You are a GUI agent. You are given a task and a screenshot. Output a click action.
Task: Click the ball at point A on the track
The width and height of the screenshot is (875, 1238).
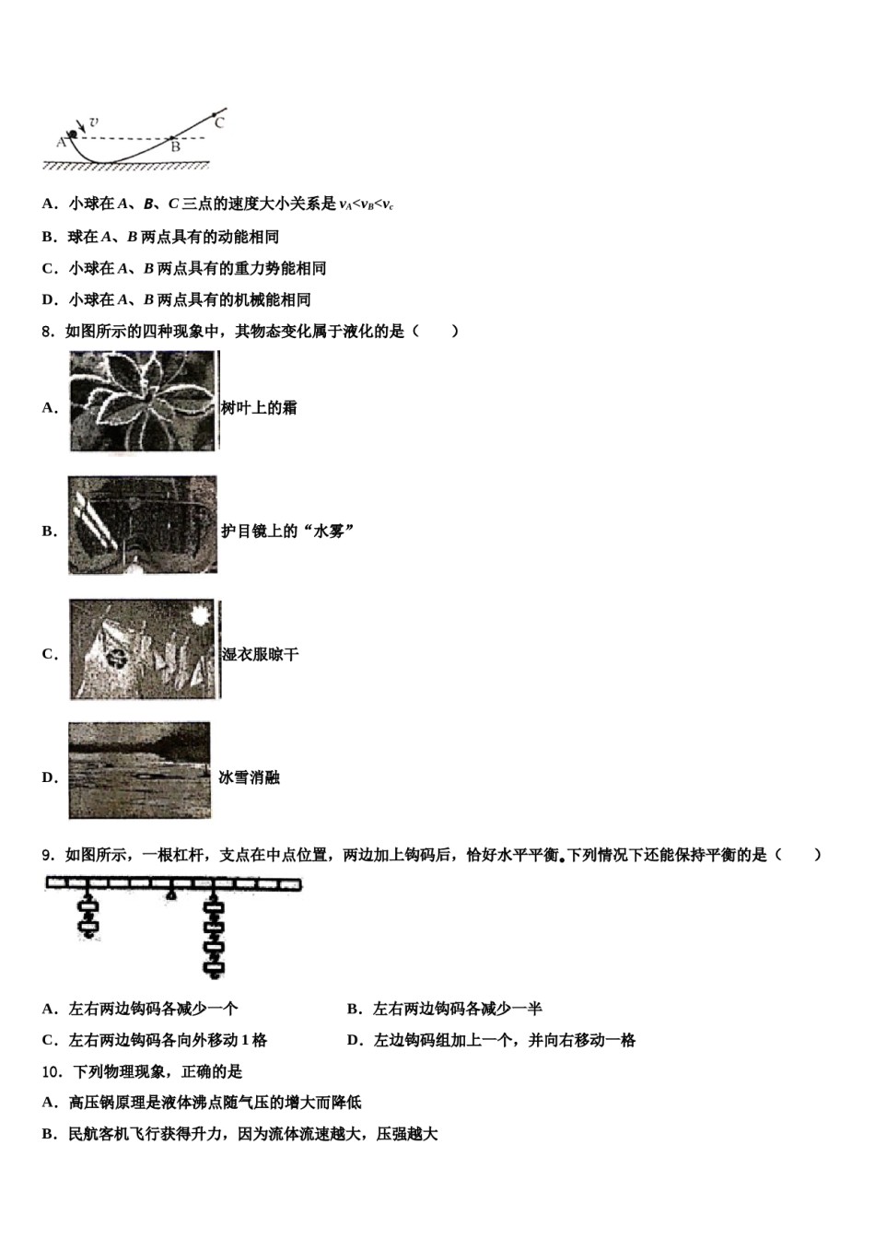pos(73,134)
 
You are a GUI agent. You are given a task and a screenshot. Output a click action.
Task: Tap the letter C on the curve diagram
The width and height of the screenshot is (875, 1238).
pos(218,121)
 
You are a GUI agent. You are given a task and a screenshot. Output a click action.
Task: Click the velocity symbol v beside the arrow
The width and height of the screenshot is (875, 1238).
pos(94,121)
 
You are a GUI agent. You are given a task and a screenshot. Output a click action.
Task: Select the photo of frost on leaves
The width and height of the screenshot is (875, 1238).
pos(143,403)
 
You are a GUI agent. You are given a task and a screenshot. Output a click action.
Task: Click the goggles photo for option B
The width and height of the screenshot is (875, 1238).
pos(143,525)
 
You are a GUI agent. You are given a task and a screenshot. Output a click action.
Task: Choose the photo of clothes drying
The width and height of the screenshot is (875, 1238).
pos(145,649)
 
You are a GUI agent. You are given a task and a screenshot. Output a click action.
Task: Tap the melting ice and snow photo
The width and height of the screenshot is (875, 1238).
pos(140,770)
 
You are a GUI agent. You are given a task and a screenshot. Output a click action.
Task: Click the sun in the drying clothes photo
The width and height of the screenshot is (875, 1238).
pos(200,613)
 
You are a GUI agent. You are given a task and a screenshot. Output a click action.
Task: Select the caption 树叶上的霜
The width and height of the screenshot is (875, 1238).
pos(259,408)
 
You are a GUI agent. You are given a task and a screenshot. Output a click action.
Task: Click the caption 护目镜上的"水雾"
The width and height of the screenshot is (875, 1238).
pos(288,531)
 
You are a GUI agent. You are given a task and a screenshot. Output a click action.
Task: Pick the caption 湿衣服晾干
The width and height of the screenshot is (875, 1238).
pos(261,655)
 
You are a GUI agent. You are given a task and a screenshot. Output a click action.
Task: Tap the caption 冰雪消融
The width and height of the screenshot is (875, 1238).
pos(250,778)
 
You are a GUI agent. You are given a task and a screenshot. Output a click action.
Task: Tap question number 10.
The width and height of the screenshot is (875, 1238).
pos(52,1072)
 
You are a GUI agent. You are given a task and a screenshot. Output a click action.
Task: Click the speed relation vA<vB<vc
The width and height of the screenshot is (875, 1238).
pos(367,205)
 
